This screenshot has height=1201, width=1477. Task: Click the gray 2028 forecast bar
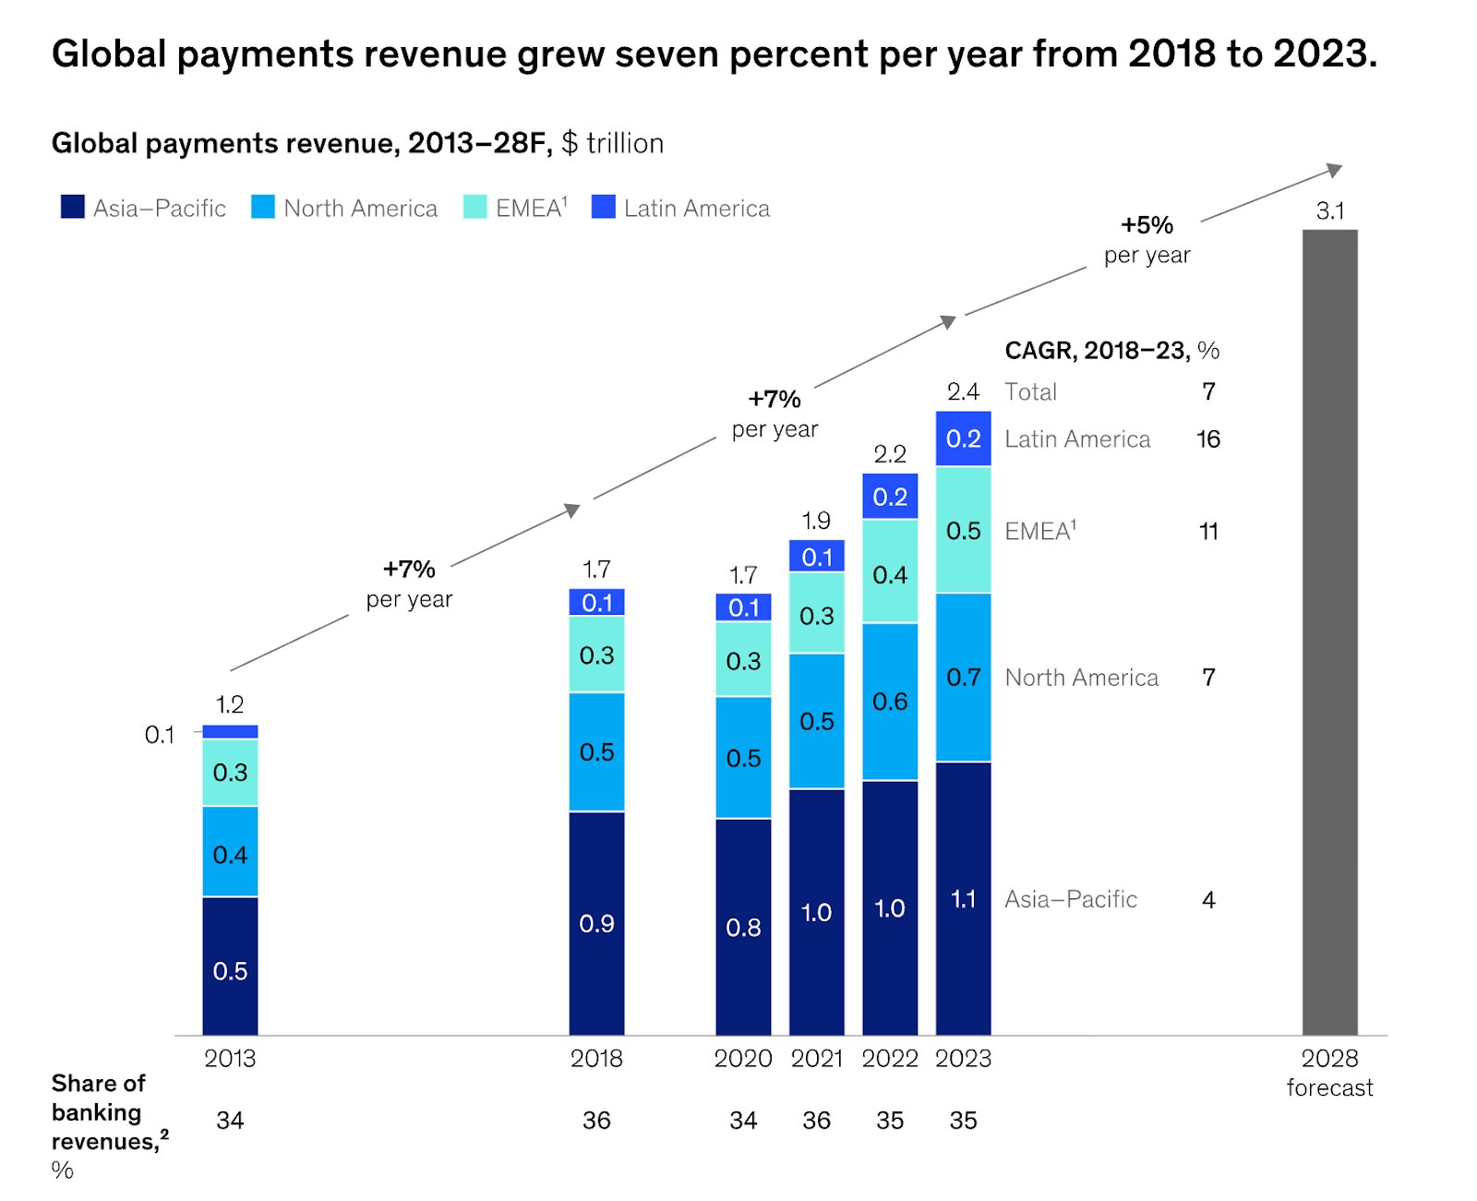tap(1329, 632)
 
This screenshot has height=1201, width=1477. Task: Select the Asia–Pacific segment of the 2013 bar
tap(230, 966)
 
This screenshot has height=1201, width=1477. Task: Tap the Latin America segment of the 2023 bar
tap(963, 438)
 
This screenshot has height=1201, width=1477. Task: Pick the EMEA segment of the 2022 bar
tap(890, 572)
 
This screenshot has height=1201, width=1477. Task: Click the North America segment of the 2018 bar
tap(596, 751)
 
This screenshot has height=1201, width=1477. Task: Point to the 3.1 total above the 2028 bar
tap(1329, 211)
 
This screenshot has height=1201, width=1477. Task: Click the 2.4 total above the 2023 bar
tap(963, 391)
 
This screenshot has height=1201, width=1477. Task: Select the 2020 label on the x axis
tap(743, 1058)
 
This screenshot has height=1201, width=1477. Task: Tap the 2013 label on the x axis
tap(230, 1058)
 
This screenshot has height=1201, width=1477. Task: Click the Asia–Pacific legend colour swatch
tap(73, 207)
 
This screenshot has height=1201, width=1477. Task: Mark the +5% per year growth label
tap(1147, 239)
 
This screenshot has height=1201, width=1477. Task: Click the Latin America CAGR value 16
tap(1208, 439)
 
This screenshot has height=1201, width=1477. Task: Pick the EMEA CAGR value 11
tap(1208, 532)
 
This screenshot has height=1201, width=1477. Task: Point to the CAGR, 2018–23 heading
tap(1111, 351)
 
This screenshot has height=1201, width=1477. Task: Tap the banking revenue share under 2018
tap(596, 1121)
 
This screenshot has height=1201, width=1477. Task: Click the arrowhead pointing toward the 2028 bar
tap(1335, 170)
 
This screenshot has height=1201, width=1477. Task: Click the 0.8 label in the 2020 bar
tap(743, 927)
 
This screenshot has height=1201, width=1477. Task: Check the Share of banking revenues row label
tap(99, 1112)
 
